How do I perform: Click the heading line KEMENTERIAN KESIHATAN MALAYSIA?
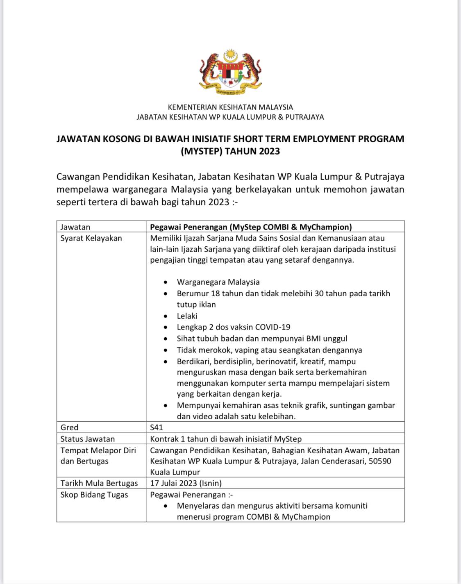[x=230, y=107]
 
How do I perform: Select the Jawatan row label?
[x=75, y=227]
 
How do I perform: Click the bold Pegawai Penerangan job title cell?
[x=251, y=227]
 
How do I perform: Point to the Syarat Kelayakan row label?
[x=91, y=238]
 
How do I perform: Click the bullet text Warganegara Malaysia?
[x=218, y=282]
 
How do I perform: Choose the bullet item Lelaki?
[x=187, y=316]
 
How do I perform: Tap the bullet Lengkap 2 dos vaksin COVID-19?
[x=234, y=327]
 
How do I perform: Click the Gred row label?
[x=69, y=427]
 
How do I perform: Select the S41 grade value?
[x=157, y=427]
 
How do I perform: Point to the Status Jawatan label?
[x=88, y=439]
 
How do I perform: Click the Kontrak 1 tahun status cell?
[x=226, y=439]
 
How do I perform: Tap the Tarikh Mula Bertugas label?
[x=99, y=483]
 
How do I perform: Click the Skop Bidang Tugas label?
[x=94, y=495]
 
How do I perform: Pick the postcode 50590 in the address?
[x=380, y=461]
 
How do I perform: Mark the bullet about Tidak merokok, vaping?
[x=269, y=350]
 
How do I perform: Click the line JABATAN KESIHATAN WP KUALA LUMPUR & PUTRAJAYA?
[x=230, y=117]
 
